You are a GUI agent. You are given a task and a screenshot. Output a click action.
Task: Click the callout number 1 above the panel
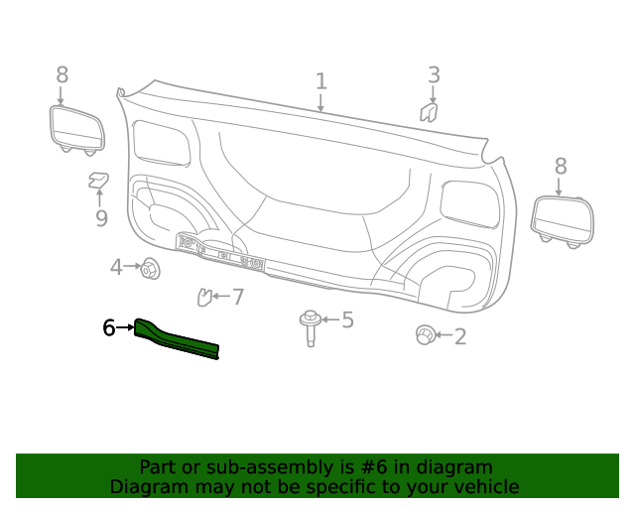pos(320,80)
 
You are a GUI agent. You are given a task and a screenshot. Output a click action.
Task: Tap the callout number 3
pos(434,74)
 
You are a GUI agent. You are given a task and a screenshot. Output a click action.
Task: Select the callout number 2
pos(459,336)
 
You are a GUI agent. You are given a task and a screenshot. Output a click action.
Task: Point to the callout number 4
pos(116,267)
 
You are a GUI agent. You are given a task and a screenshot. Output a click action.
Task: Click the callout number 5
pos(347,319)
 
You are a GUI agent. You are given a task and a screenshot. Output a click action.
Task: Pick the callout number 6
pos(109,327)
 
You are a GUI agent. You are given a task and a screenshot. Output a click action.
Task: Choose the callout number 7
pos(238,296)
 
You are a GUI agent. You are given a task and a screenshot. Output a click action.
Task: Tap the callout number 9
pos(101,218)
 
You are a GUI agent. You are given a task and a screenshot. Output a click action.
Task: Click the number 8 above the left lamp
pos(62,74)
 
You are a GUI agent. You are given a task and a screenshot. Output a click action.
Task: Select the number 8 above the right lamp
pos(561,167)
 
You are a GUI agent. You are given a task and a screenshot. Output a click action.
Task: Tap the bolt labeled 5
pos(311,326)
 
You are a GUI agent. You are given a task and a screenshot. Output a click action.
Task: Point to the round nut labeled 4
pos(151,268)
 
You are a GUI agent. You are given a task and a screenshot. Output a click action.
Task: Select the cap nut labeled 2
pos(425,335)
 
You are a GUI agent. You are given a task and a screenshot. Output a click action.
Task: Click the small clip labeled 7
pos(206,296)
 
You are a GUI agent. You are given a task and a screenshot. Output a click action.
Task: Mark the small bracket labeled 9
pos(98,180)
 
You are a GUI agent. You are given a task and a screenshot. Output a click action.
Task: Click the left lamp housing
pos(76,128)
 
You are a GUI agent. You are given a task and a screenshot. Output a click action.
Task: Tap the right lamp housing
pos(564,218)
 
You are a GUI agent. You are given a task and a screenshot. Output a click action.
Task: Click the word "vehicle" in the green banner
pos(482,486)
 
